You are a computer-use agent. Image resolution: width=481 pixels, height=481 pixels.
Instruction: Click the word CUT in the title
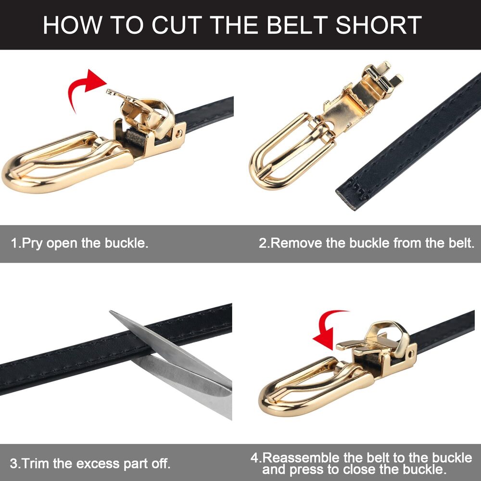[177, 25]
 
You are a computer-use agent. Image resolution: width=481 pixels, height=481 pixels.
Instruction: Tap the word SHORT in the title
[379, 25]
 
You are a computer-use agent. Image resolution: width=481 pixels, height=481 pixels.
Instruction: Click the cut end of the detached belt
[346, 200]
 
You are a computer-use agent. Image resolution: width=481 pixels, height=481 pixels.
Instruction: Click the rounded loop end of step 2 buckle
[258, 172]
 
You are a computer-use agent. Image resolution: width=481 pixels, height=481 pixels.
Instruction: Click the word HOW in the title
[73, 25]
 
